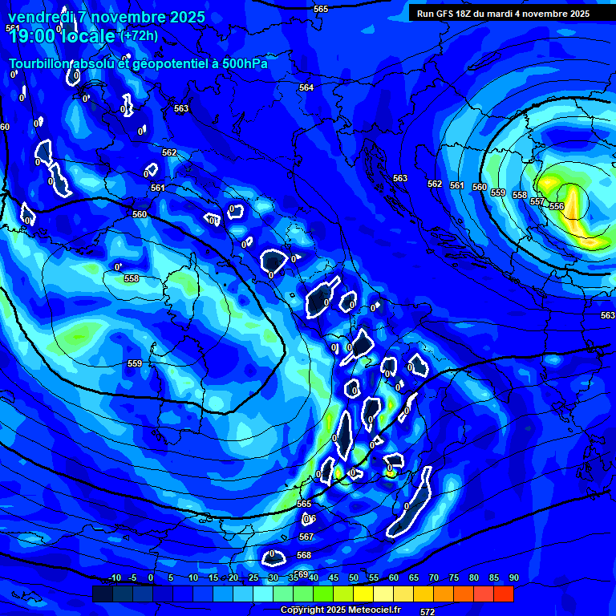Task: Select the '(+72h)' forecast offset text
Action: [139, 35]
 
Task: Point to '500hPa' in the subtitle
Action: [244, 63]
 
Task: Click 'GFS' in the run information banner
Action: [448, 14]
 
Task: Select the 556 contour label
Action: [557, 206]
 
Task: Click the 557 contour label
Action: [537, 201]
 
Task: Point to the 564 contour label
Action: [306, 87]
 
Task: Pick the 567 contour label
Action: [306, 537]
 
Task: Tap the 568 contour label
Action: [304, 555]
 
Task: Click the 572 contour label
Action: [428, 612]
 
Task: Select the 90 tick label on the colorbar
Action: [513, 577]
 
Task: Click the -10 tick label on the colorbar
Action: [114, 577]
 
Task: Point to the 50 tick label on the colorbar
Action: [354, 577]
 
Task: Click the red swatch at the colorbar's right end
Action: [503, 594]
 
